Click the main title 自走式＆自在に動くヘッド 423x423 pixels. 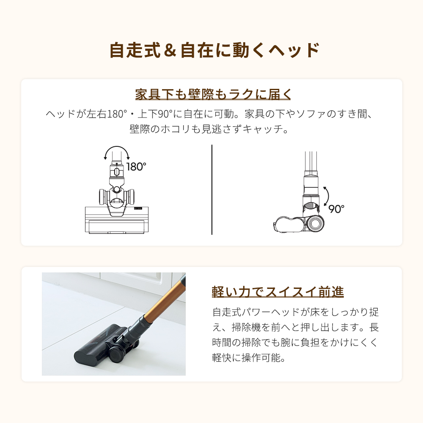click(x=214, y=50)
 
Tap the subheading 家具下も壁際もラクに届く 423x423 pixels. click(x=213, y=94)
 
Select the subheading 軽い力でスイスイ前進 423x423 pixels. click(x=277, y=292)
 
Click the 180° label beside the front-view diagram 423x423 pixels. click(x=136, y=167)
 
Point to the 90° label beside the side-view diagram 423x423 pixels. click(x=336, y=209)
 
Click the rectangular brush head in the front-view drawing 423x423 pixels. click(x=117, y=220)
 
